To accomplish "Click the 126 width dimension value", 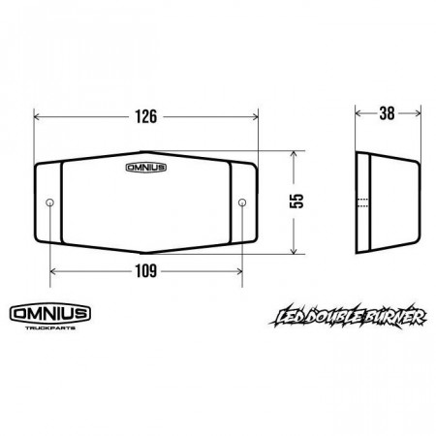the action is (146, 116).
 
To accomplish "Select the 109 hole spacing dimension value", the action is (146, 271).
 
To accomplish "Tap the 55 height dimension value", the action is (296, 201).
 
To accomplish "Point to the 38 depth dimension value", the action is (387, 113).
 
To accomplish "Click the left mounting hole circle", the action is (49, 202).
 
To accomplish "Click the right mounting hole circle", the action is (242, 202).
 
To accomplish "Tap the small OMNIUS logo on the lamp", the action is (146, 168).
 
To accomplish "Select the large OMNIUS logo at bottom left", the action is (50, 313).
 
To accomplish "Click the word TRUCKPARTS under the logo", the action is (50, 327).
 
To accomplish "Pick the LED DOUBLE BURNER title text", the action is (348, 317).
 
